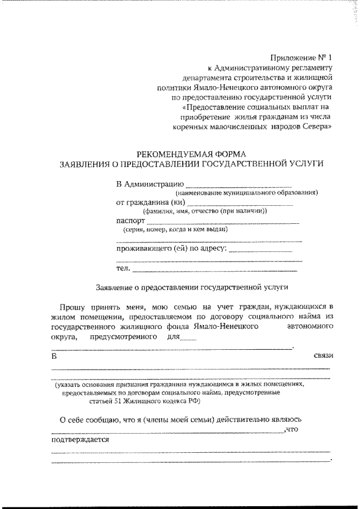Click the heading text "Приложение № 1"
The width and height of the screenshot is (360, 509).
301,57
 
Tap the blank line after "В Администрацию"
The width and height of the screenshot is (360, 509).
238,186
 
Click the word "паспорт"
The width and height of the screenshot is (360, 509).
130,221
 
